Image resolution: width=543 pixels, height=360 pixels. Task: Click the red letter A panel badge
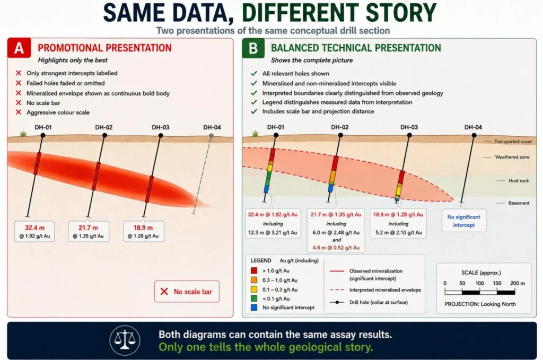[19, 48]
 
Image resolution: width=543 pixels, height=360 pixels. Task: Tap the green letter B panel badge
[253, 48]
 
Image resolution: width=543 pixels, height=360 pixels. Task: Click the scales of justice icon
[125, 340]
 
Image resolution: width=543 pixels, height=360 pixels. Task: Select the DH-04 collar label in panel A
[212, 127]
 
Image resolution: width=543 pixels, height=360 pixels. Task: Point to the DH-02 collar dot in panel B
[340, 135]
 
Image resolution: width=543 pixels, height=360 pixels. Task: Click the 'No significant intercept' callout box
[463, 221]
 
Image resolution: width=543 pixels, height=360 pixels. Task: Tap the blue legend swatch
[254, 308]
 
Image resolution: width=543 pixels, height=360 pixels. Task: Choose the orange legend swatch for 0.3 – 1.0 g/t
[254, 280]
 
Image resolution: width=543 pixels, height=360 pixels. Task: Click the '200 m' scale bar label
[518, 283]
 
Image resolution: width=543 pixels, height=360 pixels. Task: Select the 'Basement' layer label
[519, 203]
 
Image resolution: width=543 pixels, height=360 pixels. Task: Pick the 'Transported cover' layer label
[513, 142]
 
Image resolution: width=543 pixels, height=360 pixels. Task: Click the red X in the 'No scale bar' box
[164, 292]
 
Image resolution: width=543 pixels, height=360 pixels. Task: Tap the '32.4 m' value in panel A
[34, 228]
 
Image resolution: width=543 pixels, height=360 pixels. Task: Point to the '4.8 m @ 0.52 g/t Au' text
[336, 248]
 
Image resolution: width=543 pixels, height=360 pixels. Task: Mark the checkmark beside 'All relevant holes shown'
[254, 73]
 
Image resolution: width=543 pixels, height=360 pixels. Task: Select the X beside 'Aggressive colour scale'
[19, 112]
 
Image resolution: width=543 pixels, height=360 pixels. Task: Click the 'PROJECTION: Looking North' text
[480, 304]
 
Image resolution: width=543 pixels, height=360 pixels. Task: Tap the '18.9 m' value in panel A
[143, 228]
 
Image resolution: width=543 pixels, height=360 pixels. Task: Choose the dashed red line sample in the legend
[337, 289]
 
